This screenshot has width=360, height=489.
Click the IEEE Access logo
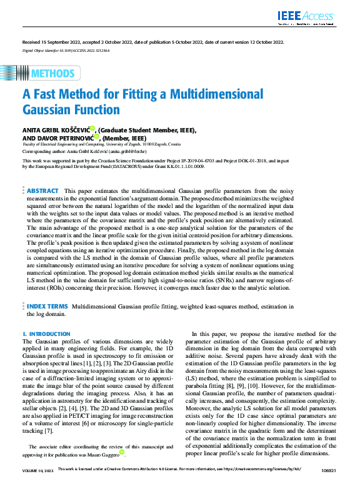click(x=306, y=16)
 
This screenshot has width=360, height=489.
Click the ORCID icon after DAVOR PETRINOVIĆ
click(x=97, y=136)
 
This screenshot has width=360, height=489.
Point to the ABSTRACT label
click(x=43, y=173)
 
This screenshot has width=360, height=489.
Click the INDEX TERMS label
click(x=47, y=307)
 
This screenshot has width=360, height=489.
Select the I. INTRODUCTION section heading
click(x=46, y=334)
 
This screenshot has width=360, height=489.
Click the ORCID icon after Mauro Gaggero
click(x=122, y=452)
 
